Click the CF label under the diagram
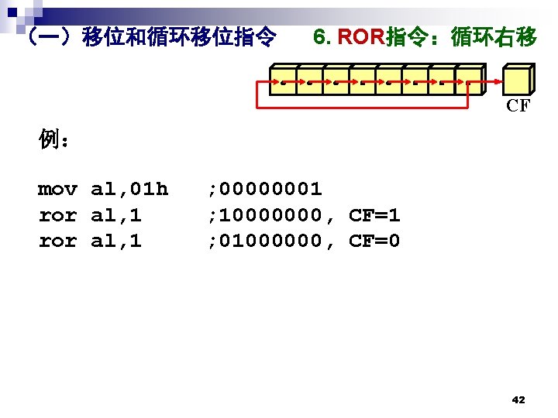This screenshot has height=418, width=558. click(518, 106)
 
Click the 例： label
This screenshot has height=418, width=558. click(56, 140)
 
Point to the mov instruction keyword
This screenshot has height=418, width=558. click(57, 189)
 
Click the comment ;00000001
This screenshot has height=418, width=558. click(264, 189)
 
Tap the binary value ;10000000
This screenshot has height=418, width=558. click(264, 215)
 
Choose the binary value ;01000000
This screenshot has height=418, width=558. click(264, 242)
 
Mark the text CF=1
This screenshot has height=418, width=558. click(374, 215)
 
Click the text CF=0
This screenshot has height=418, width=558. click(374, 242)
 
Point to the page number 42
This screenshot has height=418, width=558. click(518, 400)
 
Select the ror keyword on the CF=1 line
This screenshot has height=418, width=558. click(57, 215)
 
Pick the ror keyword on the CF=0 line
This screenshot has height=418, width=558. click(57, 242)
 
